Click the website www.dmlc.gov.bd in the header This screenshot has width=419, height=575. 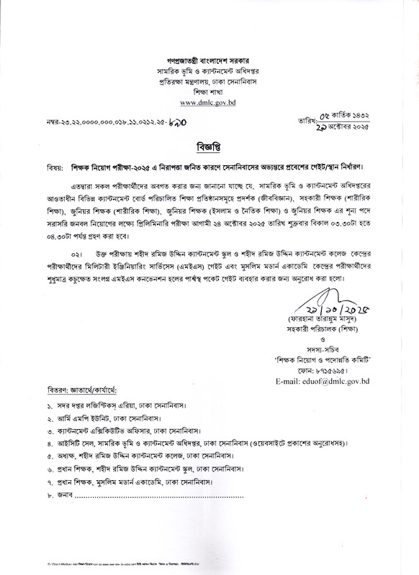[x=209, y=102]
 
